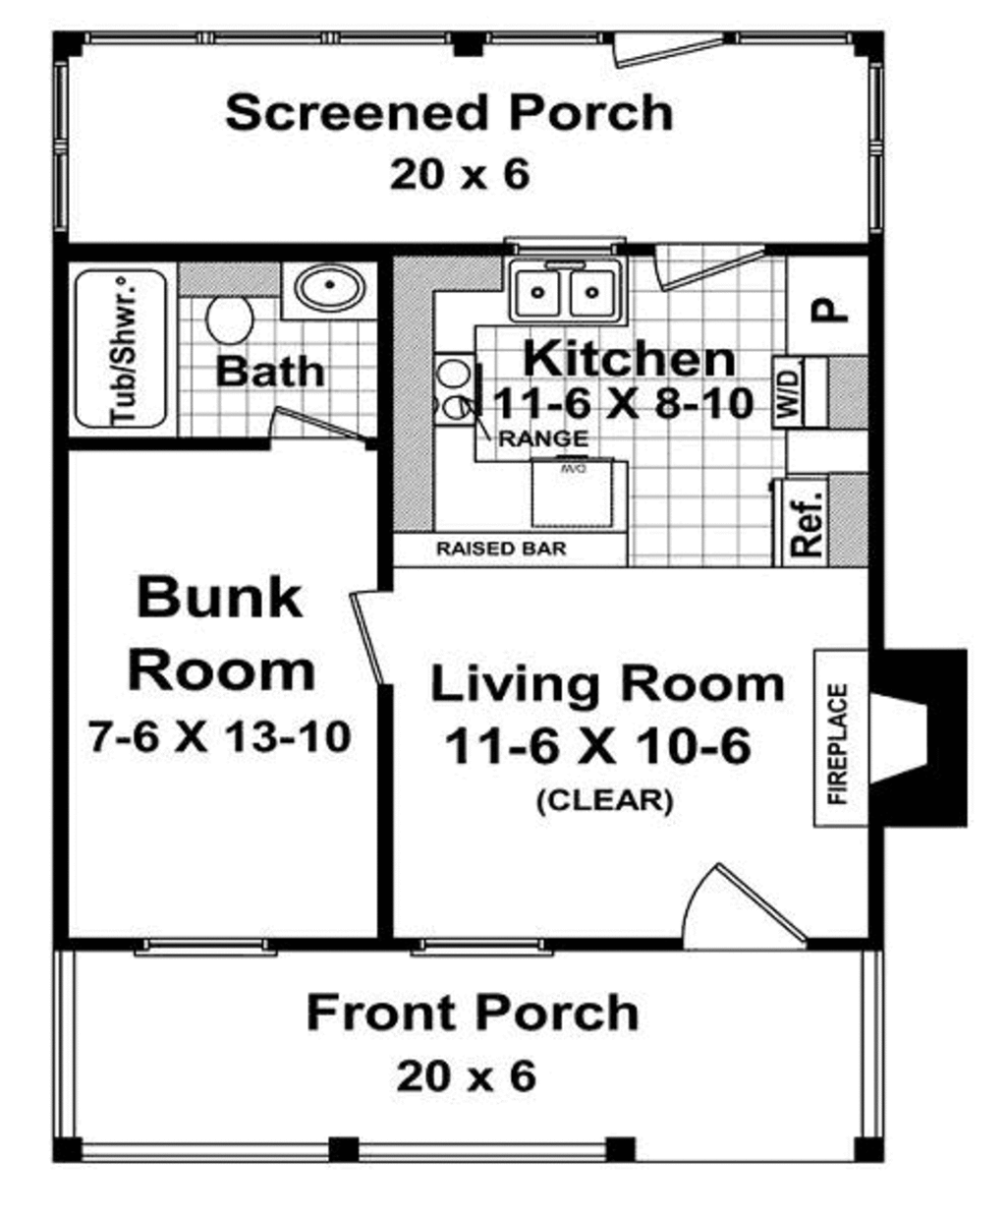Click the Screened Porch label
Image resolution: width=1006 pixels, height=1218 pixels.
click(449, 113)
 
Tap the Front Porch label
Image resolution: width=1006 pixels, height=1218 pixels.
click(473, 1013)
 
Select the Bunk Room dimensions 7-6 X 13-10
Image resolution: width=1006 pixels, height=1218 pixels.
click(220, 735)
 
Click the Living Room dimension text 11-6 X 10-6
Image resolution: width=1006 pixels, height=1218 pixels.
click(597, 746)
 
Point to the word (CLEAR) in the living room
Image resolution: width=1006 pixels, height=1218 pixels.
click(604, 800)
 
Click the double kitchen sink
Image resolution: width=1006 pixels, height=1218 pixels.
click(565, 291)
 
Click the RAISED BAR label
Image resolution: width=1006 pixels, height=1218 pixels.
click(501, 549)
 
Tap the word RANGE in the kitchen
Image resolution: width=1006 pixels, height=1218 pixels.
click(543, 439)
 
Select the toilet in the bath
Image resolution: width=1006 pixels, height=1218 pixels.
click(230, 320)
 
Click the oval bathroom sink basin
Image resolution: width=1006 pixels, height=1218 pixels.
click(331, 288)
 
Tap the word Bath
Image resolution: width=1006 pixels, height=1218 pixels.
click(269, 372)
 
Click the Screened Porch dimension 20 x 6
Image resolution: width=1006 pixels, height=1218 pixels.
click(459, 175)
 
